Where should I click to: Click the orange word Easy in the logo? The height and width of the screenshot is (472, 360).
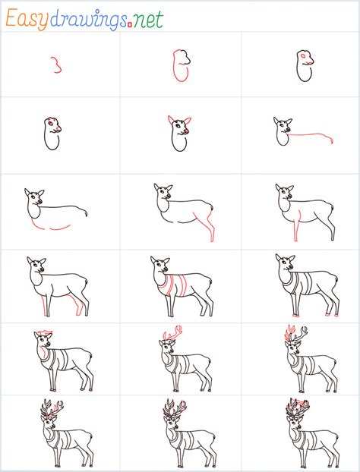click(x=27, y=19)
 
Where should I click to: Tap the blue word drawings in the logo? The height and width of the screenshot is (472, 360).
click(x=88, y=20)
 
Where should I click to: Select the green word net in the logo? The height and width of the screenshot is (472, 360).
click(x=148, y=20)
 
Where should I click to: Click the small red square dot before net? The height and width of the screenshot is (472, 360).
click(x=130, y=25)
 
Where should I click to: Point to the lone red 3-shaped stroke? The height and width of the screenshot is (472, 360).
click(x=57, y=65)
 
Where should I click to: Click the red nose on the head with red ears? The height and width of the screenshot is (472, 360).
click(x=187, y=131)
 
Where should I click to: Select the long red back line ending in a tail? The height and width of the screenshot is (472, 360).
click(x=311, y=134)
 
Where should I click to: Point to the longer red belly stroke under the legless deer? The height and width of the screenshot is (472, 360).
click(x=60, y=228)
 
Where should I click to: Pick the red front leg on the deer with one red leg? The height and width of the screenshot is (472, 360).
click(x=297, y=226)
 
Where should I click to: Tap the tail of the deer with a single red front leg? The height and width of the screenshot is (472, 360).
click(x=333, y=208)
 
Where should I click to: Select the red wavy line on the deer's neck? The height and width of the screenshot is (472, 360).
click(x=44, y=352)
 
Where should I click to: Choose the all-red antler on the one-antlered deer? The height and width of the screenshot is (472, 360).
click(x=172, y=334)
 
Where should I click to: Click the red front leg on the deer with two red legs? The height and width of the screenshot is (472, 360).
click(x=45, y=306)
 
